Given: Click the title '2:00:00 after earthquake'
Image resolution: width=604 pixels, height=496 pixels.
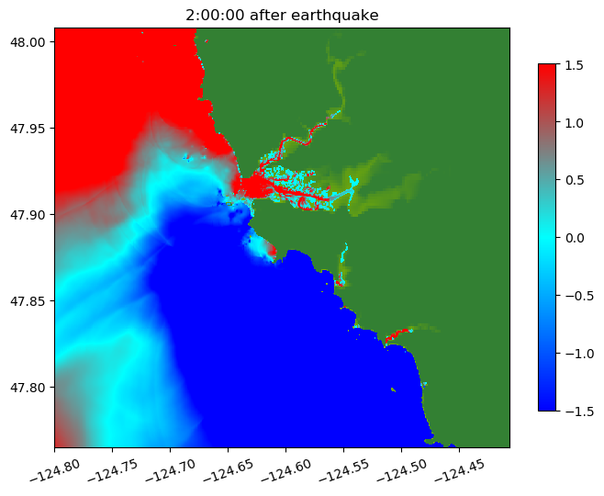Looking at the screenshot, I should click(281, 15).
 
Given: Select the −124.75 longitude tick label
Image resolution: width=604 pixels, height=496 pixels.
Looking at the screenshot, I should click(111, 468).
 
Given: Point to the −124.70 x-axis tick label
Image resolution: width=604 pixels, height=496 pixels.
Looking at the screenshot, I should click(169, 468).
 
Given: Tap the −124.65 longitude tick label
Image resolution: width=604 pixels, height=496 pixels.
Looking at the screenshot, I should click(227, 468).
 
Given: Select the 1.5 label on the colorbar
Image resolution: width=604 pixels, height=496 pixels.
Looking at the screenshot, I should click(574, 64).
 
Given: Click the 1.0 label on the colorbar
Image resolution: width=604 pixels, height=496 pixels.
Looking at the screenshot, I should click(574, 122).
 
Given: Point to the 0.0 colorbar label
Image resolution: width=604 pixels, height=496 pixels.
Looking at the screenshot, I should click(574, 238).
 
